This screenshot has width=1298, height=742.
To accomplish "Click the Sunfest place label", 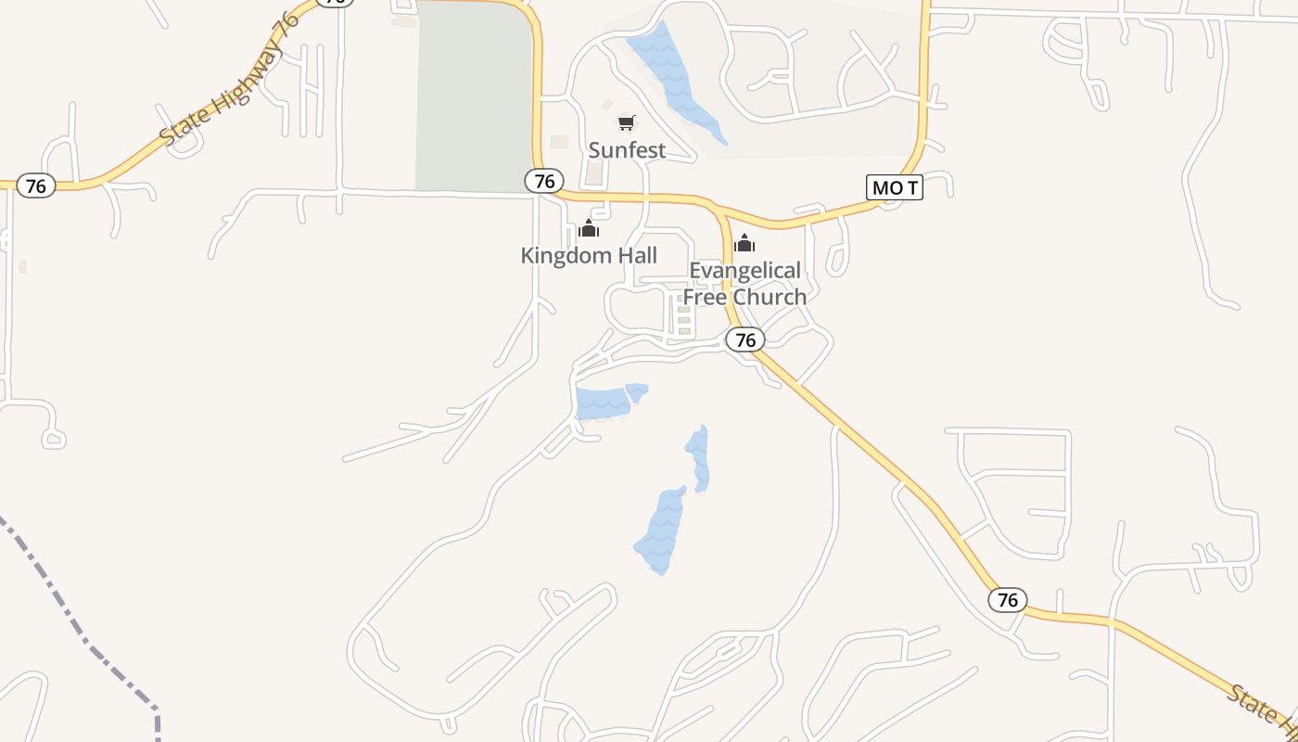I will pyautogui.click(x=627, y=149).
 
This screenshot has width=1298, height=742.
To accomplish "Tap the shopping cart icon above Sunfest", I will pyautogui.click(x=627, y=122).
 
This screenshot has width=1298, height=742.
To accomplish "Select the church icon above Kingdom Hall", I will pyautogui.click(x=589, y=229).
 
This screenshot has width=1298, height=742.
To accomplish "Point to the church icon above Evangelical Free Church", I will pyautogui.click(x=744, y=244).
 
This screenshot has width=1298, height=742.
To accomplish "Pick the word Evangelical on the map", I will pyautogui.click(x=744, y=271).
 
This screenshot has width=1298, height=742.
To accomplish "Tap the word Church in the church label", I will pyautogui.click(x=771, y=297).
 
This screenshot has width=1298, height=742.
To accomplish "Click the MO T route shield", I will pyautogui.click(x=895, y=187).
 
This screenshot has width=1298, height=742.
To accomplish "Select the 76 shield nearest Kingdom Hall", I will pyautogui.click(x=544, y=181).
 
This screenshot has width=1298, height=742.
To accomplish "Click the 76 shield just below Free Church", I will pyautogui.click(x=744, y=339).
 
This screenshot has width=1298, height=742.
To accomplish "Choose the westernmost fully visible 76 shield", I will pyautogui.click(x=35, y=185).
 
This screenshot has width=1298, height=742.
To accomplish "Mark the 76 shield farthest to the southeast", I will pyautogui.click(x=1008, y=600).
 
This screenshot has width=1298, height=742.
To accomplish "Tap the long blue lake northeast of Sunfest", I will pyautogui.click(x=675, y=81).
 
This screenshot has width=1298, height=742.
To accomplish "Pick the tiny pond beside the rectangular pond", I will pyautogui.click(x=636, y=391).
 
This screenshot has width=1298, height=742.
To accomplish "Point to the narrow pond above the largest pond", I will pyautogui.click(x=699, y=457).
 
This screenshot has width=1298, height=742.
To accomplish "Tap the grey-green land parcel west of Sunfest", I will pyautogui.click(x=474, y=97).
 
